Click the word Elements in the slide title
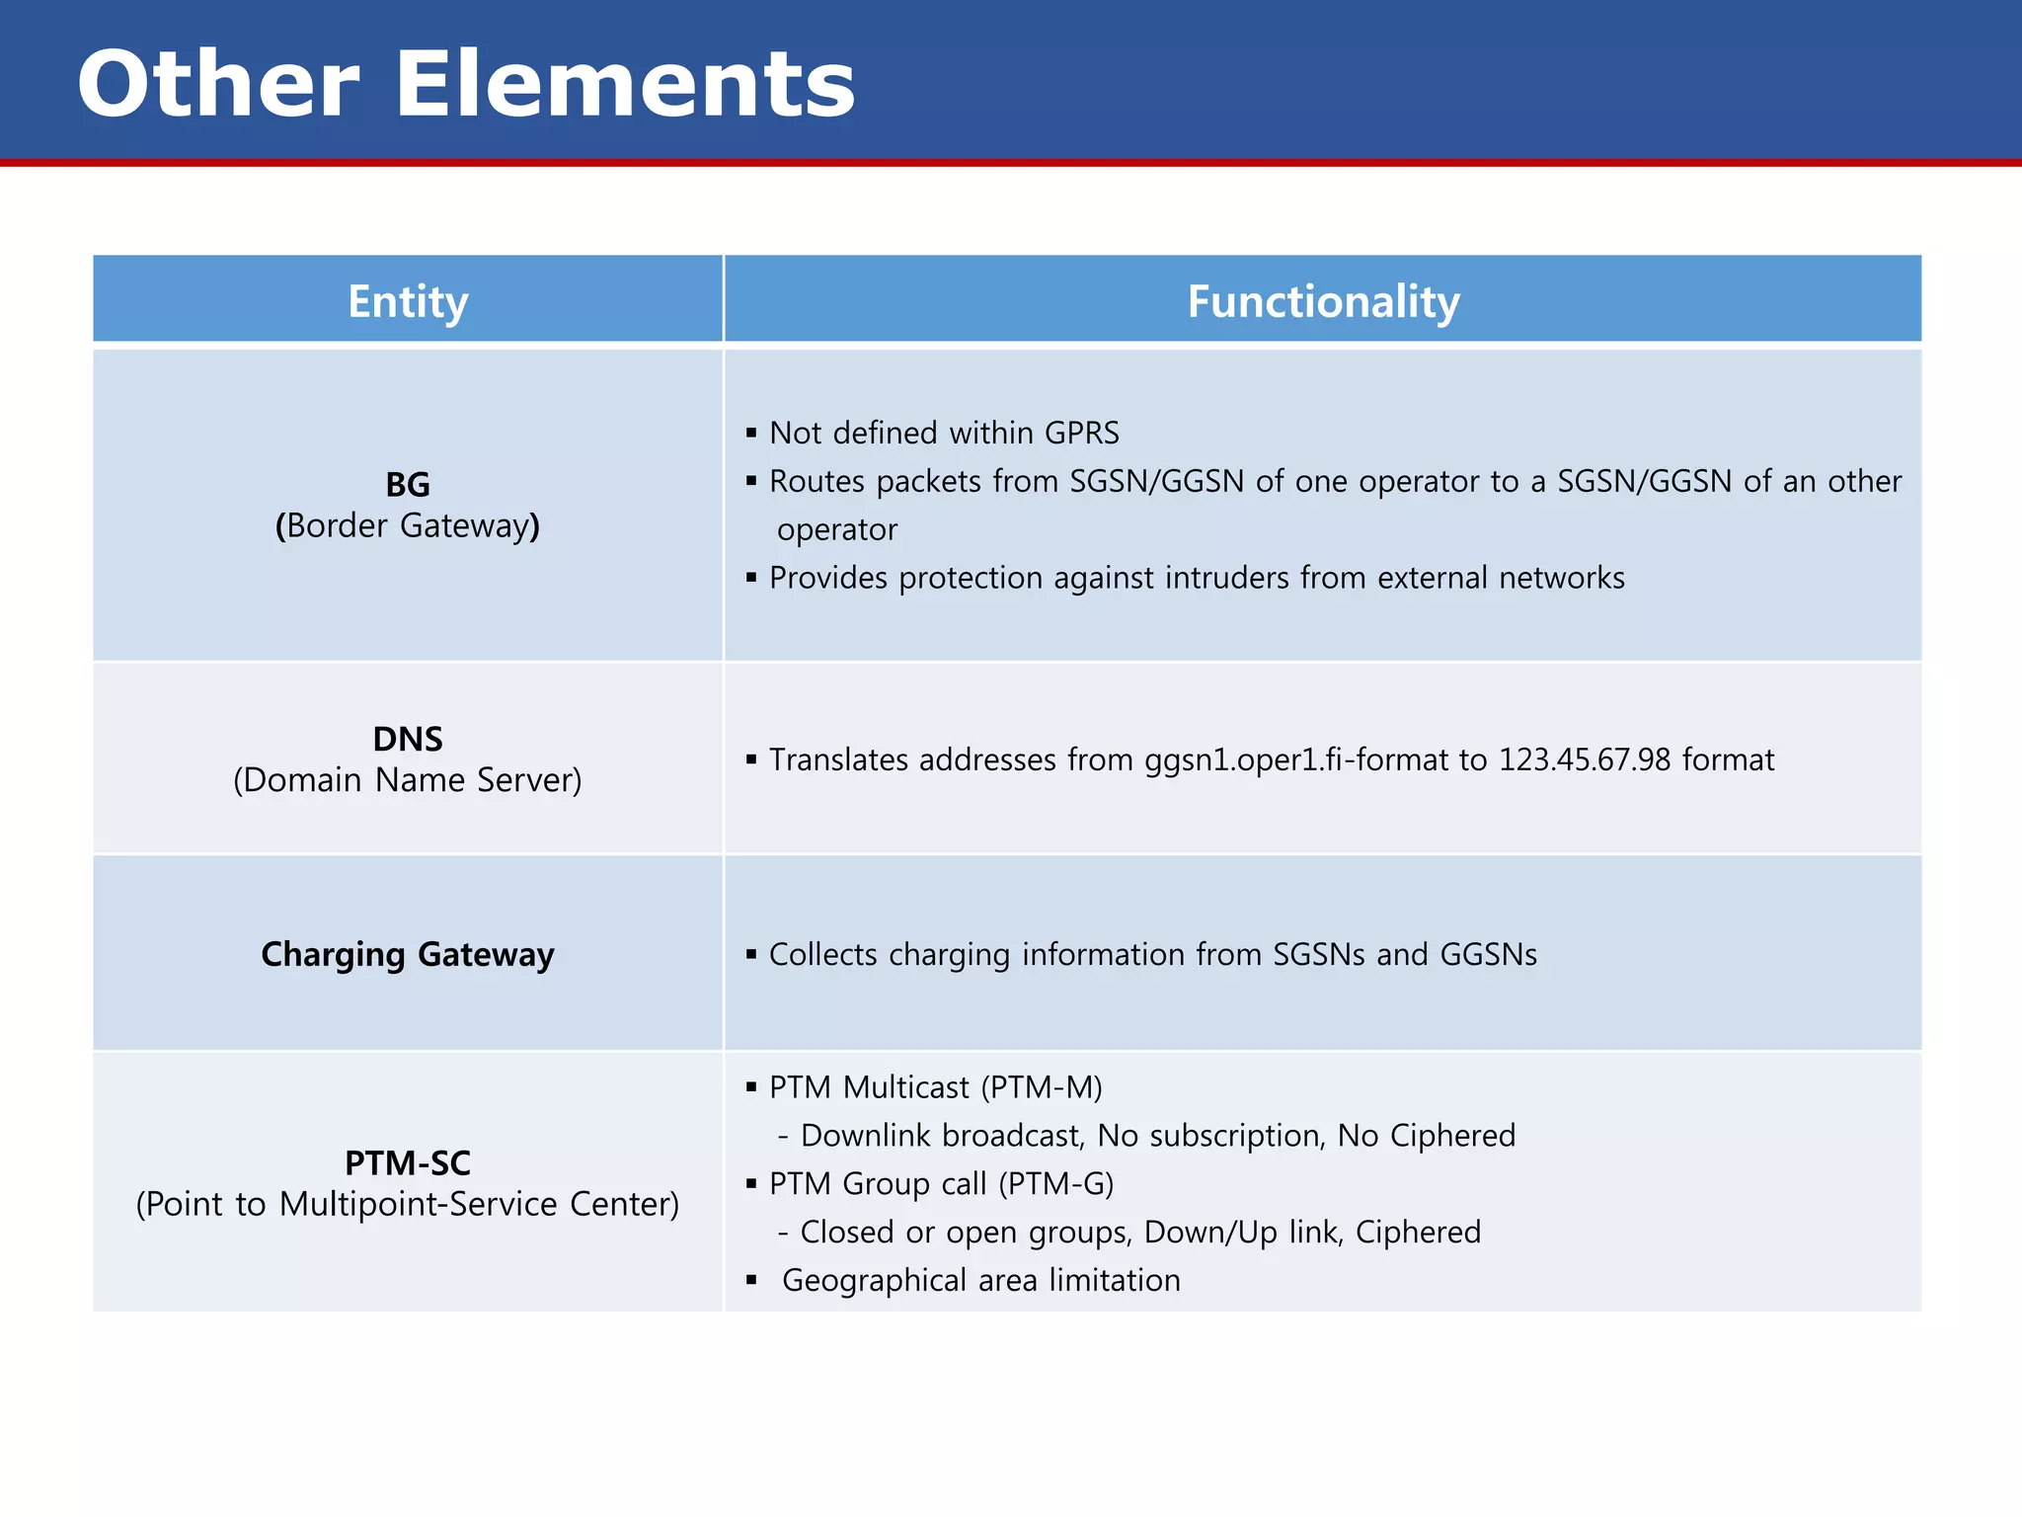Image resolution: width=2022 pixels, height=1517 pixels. coord(624,85)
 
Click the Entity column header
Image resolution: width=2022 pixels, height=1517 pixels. coord(408,301)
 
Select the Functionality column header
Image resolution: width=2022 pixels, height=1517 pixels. coord(1323,301)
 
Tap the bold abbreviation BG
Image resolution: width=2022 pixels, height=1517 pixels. coord(408,485)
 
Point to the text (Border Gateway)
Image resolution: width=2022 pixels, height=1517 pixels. coord(408,525)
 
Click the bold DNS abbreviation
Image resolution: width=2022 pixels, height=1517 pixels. coord(408,739)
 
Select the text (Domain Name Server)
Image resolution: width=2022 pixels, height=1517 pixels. coord(408,780)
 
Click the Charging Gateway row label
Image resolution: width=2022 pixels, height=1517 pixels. coord(408,954)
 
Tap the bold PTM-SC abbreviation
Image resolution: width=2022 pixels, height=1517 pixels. coord(408,1163)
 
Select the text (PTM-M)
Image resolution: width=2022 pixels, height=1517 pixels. coord(1042,1087)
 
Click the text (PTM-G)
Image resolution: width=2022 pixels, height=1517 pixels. coord(1055,1183)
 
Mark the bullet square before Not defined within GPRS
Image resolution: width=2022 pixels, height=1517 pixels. coord(751,433)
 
